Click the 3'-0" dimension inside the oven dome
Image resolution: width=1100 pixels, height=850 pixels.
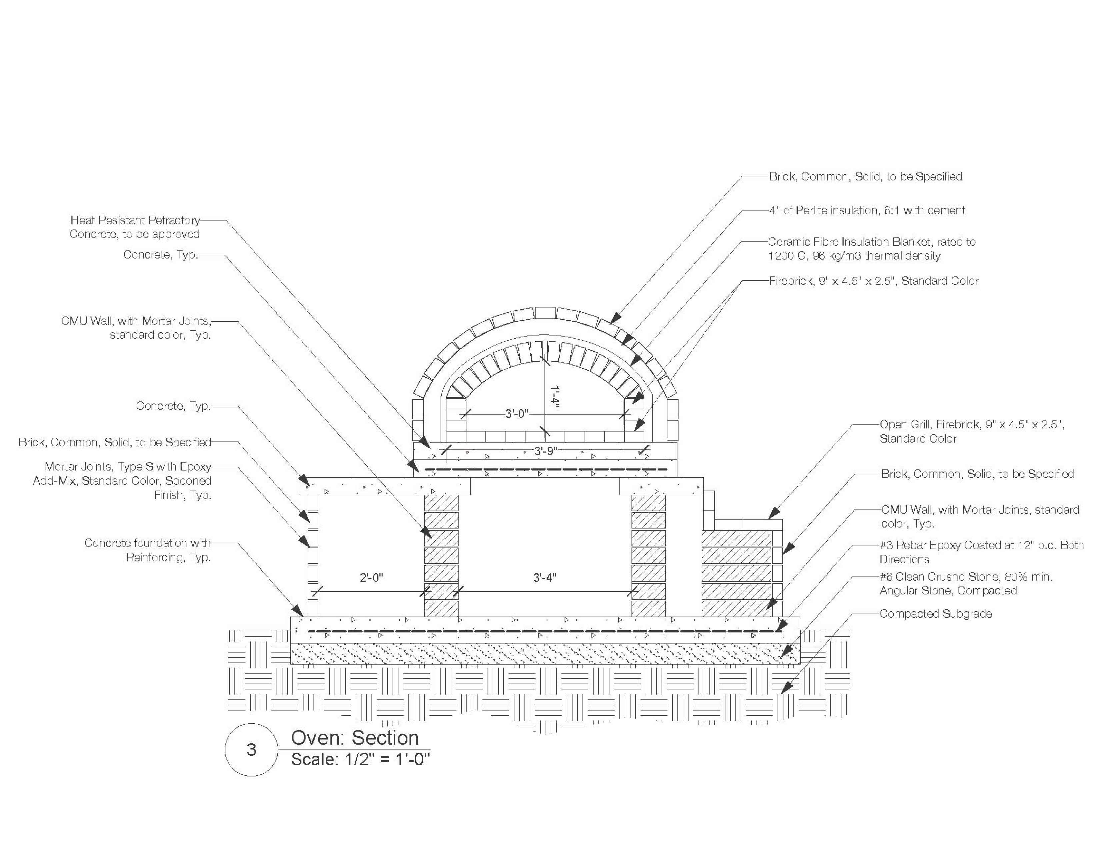(516, 414)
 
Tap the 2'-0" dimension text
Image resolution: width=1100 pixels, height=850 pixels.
(372, 578)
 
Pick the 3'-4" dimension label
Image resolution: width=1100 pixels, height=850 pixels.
(545, 578)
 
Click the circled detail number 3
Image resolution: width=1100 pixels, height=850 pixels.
(251, 750)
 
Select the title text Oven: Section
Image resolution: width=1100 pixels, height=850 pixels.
(355, 738)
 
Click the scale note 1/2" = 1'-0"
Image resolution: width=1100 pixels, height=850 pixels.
(361, 759)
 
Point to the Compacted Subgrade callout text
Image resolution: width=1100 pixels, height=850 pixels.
(935, 614)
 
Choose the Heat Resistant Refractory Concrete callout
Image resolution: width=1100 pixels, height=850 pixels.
(135, 227)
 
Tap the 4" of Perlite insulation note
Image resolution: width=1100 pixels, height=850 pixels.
(867, 210)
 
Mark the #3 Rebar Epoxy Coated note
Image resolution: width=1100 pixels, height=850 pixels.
(981, 552)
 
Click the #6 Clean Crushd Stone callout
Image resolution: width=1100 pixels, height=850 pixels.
(966, 584)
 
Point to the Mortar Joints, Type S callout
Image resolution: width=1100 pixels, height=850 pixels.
(122, 481)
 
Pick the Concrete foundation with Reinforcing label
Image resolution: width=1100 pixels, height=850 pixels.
(148, 550)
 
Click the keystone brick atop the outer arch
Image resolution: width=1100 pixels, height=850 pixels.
(545, 313)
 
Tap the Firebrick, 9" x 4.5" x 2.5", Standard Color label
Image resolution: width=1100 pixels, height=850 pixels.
(873, 281)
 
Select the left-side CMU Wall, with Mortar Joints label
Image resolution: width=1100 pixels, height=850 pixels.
(136, 328)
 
